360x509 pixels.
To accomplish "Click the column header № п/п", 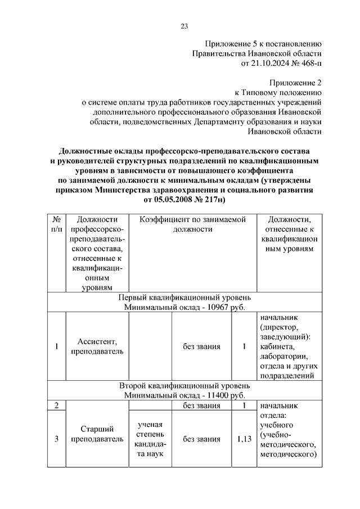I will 56,224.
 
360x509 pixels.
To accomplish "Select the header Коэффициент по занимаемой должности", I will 194,224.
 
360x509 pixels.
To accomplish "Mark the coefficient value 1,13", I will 244,439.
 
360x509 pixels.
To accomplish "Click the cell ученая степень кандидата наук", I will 150,439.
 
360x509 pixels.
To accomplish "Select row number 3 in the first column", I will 56,439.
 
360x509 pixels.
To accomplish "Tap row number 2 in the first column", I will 56,406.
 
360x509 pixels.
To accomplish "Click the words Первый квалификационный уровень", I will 188,297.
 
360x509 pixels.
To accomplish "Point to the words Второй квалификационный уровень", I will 188,386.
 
